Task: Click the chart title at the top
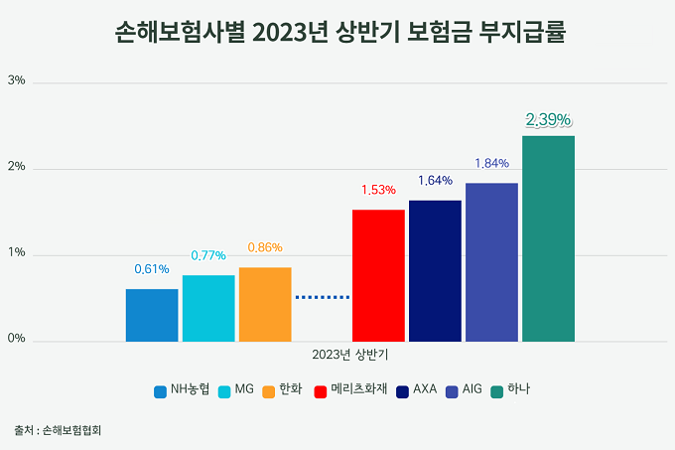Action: [x=340, y=32]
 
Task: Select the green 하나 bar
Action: [x=548, y=239]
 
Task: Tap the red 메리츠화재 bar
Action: [x=378, y=275]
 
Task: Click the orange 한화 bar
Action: [x=265, y=304]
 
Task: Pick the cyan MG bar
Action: [x=208, y=308]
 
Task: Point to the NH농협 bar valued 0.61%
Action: [x=152, y=315]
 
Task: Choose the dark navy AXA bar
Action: [x=435, y=271]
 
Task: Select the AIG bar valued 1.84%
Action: [x=491, y=262]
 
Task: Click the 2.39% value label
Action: [x=548, y=120]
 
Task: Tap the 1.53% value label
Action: [x=378, y=190]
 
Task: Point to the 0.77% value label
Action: [x=208, y=255]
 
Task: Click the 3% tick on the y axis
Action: [x=16, y=80]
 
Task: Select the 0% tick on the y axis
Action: [x=16, y=339]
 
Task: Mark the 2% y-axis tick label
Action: [x=16, y=166]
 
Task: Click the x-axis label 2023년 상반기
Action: [x=350, y=355]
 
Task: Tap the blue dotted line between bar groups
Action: [x=323, y=297]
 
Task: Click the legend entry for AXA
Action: [x=417, y=389]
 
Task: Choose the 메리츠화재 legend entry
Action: [x=350, y=389]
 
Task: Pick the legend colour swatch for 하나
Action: [x=496, y=391]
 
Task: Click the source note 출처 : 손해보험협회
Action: [x=58, y=430]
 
